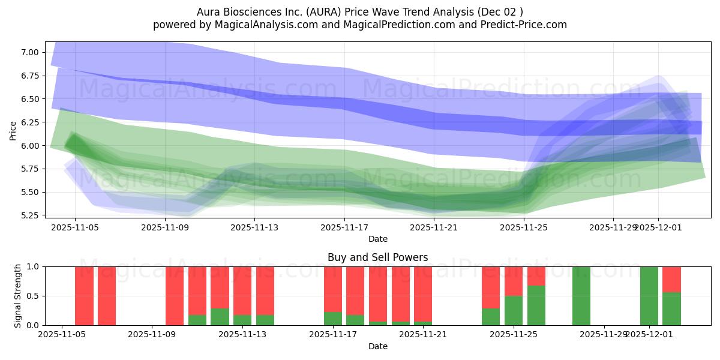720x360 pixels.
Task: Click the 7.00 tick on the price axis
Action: pyautogui.click(x=30, y=52)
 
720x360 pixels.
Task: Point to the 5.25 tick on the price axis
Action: pyautogui.click(x=30, y=215)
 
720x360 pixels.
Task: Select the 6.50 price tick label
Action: pyautogui.click(x=30, y=99)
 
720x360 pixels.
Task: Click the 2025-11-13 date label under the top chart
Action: pyautogui.click(x=254, y=227)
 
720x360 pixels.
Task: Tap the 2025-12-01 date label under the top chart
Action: pyautogui.click(x=658, y=227)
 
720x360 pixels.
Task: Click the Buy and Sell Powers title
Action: pyautogui.click(x=377, y=257)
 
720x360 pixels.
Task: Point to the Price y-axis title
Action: pyautogui.click(x=13, y=131)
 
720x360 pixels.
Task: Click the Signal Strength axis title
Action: pyautogui.click(x=18, y=296)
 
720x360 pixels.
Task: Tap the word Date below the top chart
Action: pyautogui.click(x=377, y=239)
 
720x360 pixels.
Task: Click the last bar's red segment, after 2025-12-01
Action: pyautogui.click(x=671, y=279)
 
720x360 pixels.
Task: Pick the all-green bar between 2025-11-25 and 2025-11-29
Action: pyautogui.click(x=581, y=296)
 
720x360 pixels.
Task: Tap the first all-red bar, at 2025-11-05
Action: pyautogui.click(x=84, y=296)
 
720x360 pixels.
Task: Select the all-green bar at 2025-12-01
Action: pyautogui.click(x=649, y=296)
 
